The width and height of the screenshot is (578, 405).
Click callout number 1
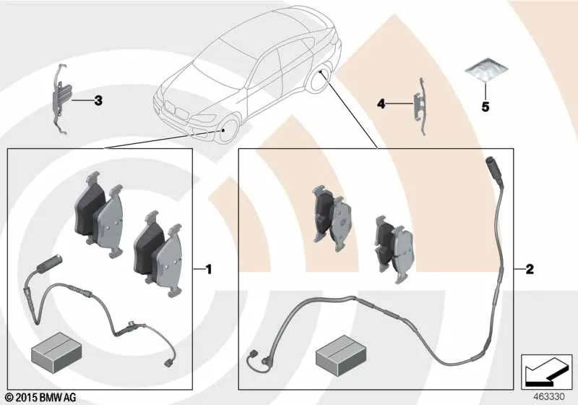(209, 270)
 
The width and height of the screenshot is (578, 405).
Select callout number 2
(530, 269)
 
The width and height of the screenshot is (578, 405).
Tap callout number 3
(98, 101)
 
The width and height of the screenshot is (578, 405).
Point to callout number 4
(381, 104)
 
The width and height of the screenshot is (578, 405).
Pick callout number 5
(486, 107)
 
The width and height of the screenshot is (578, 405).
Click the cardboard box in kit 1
(56, 352)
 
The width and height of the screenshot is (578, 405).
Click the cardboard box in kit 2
(341, 355)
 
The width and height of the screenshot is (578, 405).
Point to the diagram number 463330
(549, 397)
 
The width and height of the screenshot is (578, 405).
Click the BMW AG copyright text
(41, 398)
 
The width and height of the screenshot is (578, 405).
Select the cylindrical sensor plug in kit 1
(48, 264)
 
